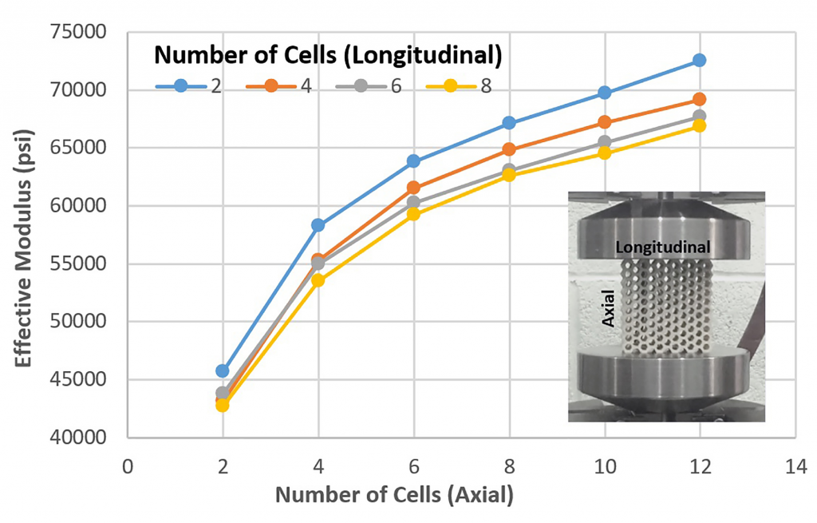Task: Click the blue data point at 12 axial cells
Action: coord(699,60)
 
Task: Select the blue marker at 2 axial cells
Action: coord(223,370)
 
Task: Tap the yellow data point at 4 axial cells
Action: coord(318,280)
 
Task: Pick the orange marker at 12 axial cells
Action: coord(699,99)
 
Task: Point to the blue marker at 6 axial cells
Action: coord(413,160)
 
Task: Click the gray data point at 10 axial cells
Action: coord(604,142)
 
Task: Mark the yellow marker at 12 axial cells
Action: coord(699,125)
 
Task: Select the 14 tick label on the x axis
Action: coord(795,466)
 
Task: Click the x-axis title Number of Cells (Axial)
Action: coord(394,495)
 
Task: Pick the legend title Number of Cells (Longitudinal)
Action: coord(327,55)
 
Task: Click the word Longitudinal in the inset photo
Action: coord(664,248)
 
